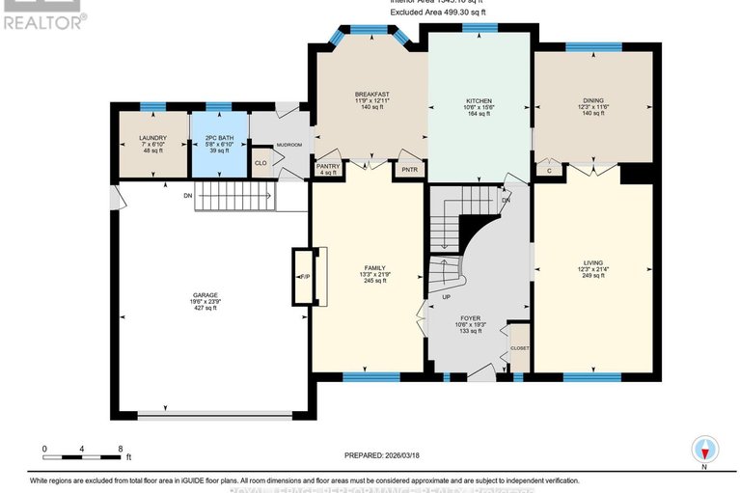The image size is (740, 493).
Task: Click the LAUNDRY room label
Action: point(152,138)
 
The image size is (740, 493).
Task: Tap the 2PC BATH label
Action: point(219,138)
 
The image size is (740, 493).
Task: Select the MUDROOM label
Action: point(289,145)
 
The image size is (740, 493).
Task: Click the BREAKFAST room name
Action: point(371,95)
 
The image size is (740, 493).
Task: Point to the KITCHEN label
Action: point(480,100)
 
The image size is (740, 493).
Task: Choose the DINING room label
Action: point(592,100)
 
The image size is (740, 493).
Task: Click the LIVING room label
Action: point(592,261)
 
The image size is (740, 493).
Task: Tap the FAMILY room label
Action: point(374,267)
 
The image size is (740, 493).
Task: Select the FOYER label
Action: point(470,317)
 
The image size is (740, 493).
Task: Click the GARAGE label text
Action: point(205,294)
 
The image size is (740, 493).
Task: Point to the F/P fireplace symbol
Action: point(304,277)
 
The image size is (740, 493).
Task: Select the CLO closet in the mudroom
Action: point(260,163)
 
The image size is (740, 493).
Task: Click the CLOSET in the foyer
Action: point(519,348)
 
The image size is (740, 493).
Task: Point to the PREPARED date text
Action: point(383,455)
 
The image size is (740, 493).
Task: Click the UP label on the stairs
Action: point(445,297)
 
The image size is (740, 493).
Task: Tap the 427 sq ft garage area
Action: point(205,308)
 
